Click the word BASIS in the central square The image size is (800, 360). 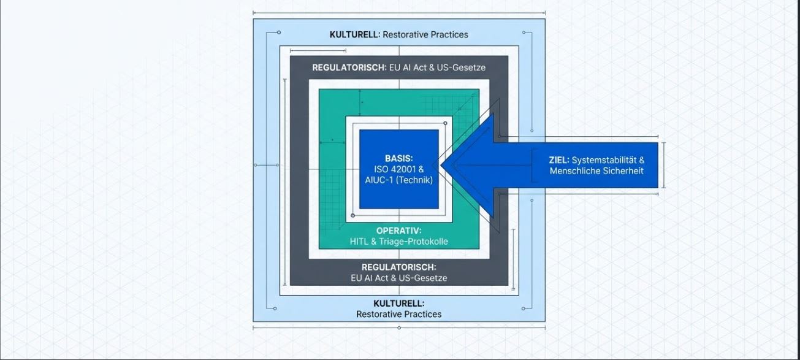[398, 158]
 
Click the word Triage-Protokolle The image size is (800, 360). [413, 242]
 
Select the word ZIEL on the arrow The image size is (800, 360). [559, 160]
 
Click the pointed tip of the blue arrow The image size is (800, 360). [441, 165]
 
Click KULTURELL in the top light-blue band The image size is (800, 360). [354, 34]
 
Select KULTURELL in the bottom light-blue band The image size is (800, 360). [399, 304]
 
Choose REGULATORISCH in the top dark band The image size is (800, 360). [349, 67]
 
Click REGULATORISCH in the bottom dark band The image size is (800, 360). [398, 267]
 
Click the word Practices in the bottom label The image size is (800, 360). [423, 314]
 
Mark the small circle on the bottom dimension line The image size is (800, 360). [399, 328]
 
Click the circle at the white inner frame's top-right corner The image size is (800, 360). [445, 123]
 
